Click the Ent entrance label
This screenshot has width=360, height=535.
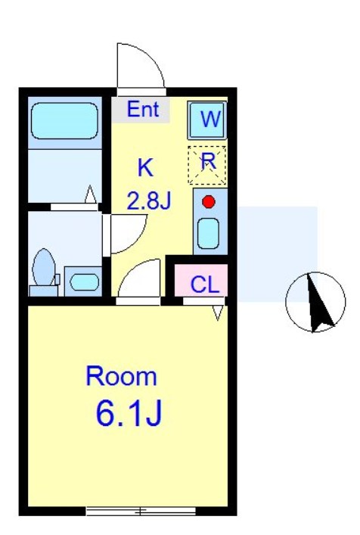tap(143, 110)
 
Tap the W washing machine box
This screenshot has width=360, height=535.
tap(206, 119)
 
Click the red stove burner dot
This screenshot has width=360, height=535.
tap(209, 202)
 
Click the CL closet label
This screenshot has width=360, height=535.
tap(204, 285)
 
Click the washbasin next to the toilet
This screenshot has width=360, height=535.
tap(82, 281)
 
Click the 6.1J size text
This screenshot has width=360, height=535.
tap(129, 413)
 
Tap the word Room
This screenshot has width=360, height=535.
tap(121, 376)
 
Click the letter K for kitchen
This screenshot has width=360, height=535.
tap(144, 167)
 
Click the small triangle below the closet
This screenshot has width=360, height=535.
tap(219, 311)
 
